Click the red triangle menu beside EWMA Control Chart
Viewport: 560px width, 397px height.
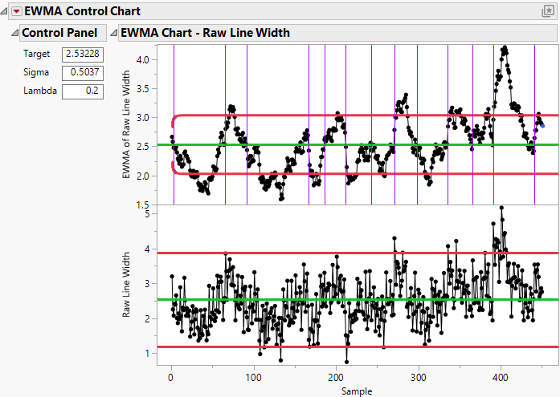15,11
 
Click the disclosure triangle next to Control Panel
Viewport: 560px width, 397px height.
14,33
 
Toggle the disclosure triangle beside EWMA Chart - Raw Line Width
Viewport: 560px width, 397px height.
113,33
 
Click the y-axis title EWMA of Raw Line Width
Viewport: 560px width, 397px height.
127,124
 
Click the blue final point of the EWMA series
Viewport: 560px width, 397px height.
542,125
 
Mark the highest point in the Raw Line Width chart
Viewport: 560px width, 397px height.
501,208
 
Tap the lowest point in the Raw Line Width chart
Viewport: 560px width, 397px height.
346,361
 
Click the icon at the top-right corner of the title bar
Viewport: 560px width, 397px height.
548,11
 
